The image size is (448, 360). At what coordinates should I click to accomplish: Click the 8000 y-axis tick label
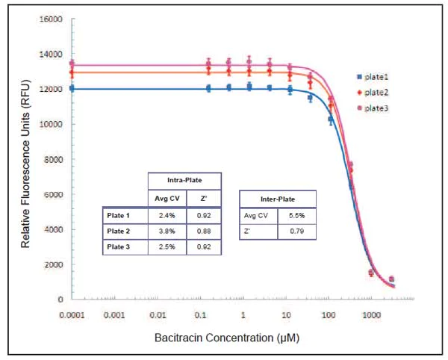point(52,159)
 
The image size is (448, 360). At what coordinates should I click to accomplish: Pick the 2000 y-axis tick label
point(52,264)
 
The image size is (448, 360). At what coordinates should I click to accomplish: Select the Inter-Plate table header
point(277,198)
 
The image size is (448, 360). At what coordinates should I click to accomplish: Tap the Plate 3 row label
point(123,247)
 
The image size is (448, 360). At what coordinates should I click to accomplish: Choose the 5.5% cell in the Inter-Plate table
point(296,215)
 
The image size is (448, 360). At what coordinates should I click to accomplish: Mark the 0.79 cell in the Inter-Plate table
point(296,232)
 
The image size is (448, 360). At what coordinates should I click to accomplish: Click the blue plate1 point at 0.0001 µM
point(72,88)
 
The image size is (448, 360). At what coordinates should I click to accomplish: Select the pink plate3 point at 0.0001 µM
point(72,64)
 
